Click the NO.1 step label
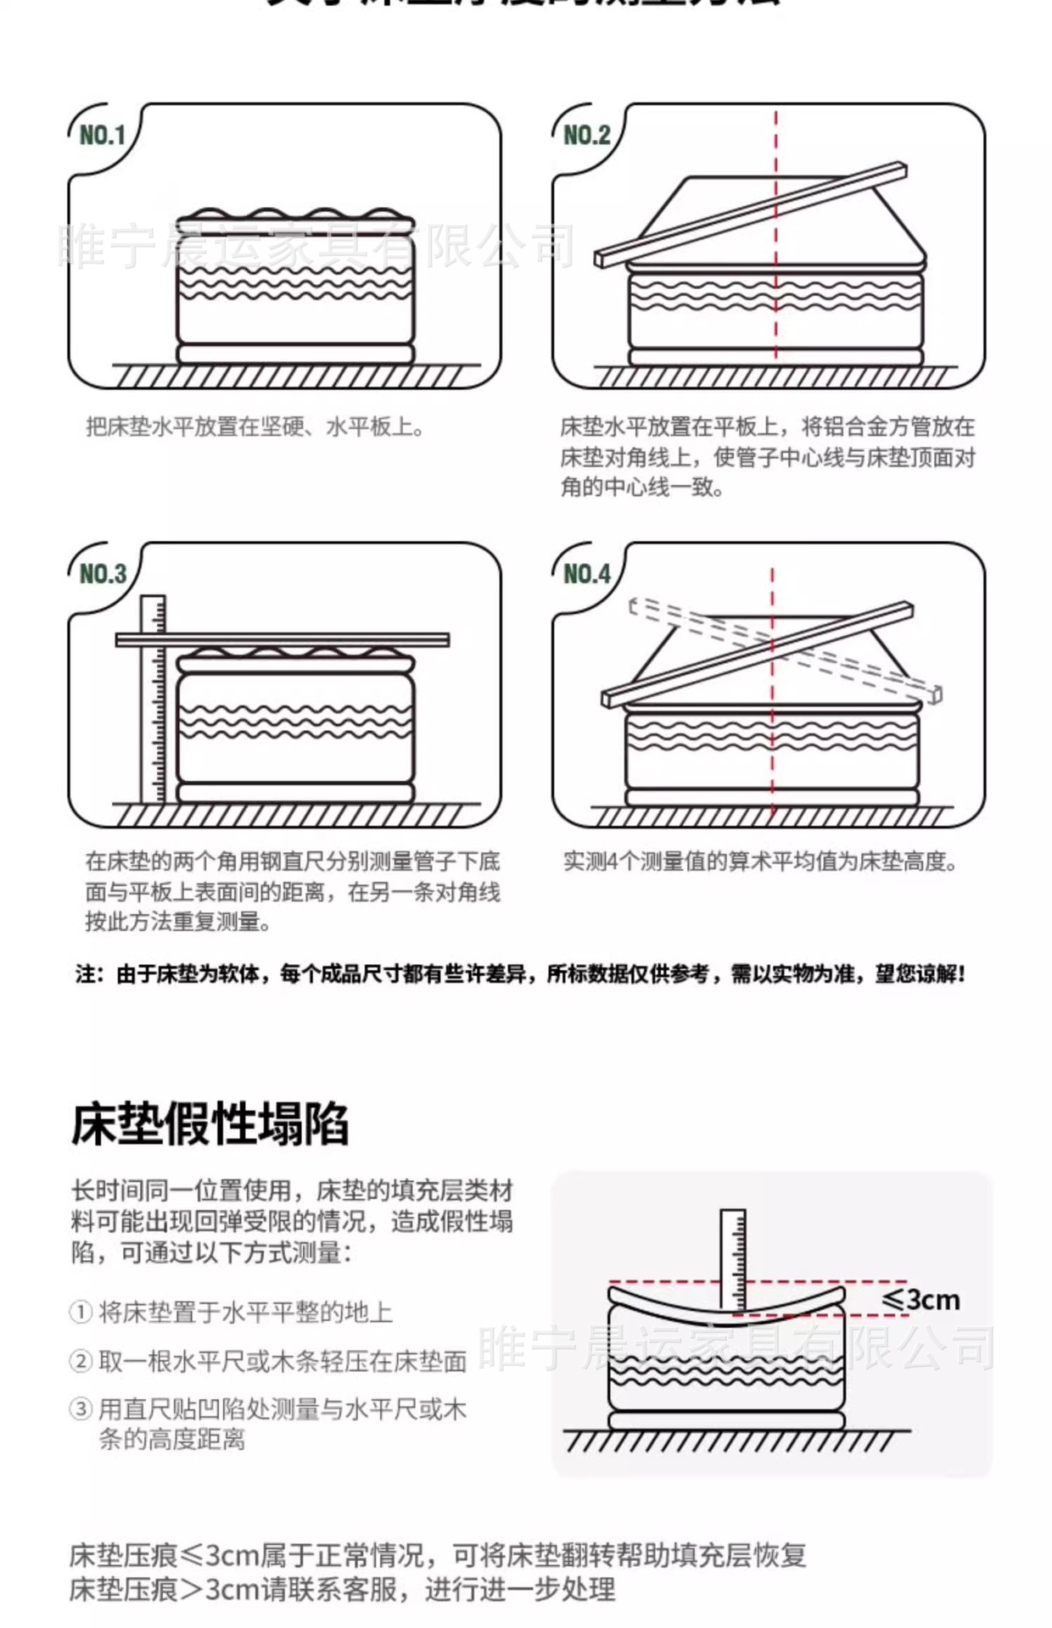click(x=102, y=135)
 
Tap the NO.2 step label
click(x=586, y=135)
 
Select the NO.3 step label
click(x=102, y=574)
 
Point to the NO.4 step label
click(x=586, y=574)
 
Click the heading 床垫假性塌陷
click(x=210, y=1125)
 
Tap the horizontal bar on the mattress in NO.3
click(x=283, y=639)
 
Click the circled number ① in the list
click(x=80, y=1313)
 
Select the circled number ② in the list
click(x=80, y=1362)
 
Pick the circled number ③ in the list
click(x=80, y=1409)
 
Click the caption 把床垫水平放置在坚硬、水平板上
click(x=255, y=427)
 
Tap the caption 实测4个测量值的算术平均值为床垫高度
click(x=760, y=862)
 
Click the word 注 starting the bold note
click(x=85, y=974)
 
